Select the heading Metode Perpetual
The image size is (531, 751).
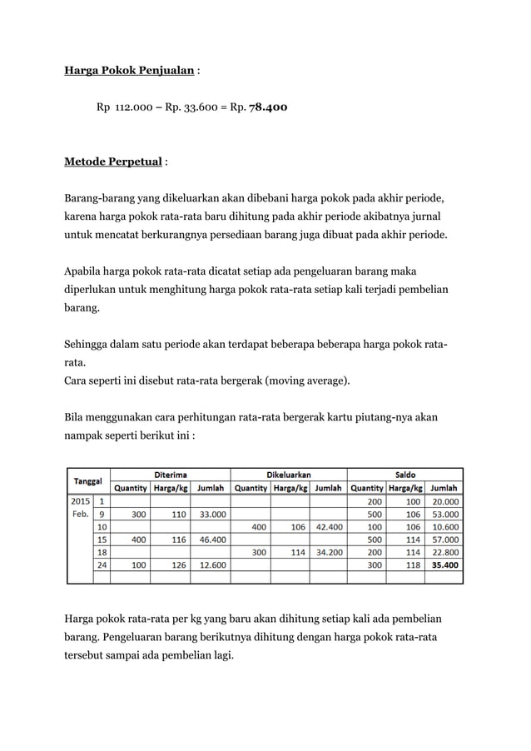click(112, 160)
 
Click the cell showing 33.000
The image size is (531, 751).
click(208, 514)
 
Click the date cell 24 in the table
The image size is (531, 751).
click(102, 564)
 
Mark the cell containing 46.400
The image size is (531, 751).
click(208, 539)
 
